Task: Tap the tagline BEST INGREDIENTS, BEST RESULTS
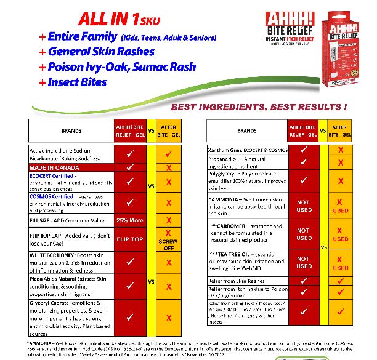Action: (259, 106)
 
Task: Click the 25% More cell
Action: (130, 220)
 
